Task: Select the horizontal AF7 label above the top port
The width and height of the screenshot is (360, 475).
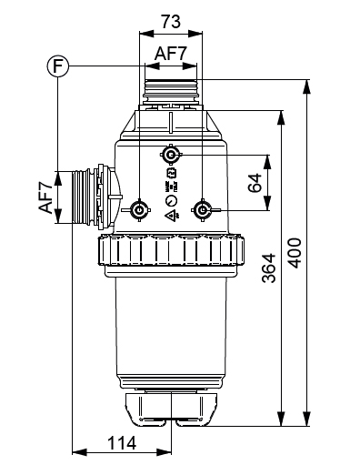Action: click(x=170, y=54)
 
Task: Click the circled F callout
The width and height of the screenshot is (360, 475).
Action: click(x=57, y=66)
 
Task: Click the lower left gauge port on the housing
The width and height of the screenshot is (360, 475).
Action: click(x=139, y=211)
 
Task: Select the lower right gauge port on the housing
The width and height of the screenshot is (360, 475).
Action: click(x=202, y=211)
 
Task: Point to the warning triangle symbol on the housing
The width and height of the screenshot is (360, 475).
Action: click(x=170, y=217)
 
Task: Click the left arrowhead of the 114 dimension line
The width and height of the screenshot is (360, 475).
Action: click(x=75, y=452)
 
